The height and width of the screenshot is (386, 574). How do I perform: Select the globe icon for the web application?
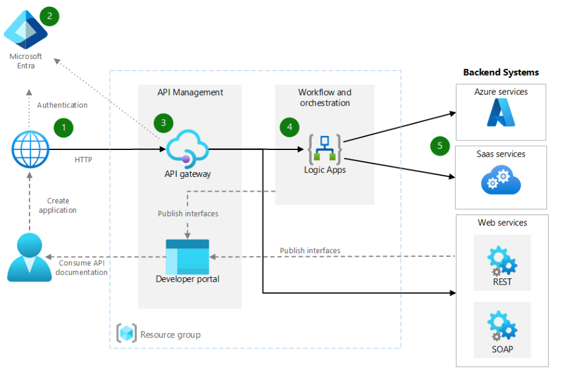pyautogui.click(x=30, y=149)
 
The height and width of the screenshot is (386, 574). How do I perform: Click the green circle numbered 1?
pyautogui.click(x=63, y=128)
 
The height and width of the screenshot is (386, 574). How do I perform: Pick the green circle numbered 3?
pyautogui.click(x=163, y=122)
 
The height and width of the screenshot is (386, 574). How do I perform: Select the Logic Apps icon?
pyautogui.click(x=324, y=148)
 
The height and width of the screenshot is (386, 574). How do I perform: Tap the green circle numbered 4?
pyautogui.click(x=290, y=127)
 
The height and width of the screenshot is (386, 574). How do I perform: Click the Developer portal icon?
pyautogui.click(x=187, y=256)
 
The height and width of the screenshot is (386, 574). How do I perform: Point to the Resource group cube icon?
pyautogui.click(x=126, y=333)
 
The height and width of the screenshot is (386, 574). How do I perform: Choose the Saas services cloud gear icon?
pyautogui.click(x=500, y=181)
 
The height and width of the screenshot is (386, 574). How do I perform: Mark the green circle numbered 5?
pyautogui.click(x=440, y=146)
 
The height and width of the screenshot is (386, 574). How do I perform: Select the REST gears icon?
pyautogui.click(x=502, y=261)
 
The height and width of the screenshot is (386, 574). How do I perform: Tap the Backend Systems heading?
pyautogui.click(x=501, y=72)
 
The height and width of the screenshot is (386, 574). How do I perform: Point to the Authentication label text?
pyautogui.click(x=62, y=105)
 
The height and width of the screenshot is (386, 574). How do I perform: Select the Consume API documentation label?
pyautogui.click(x=83, y=267)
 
